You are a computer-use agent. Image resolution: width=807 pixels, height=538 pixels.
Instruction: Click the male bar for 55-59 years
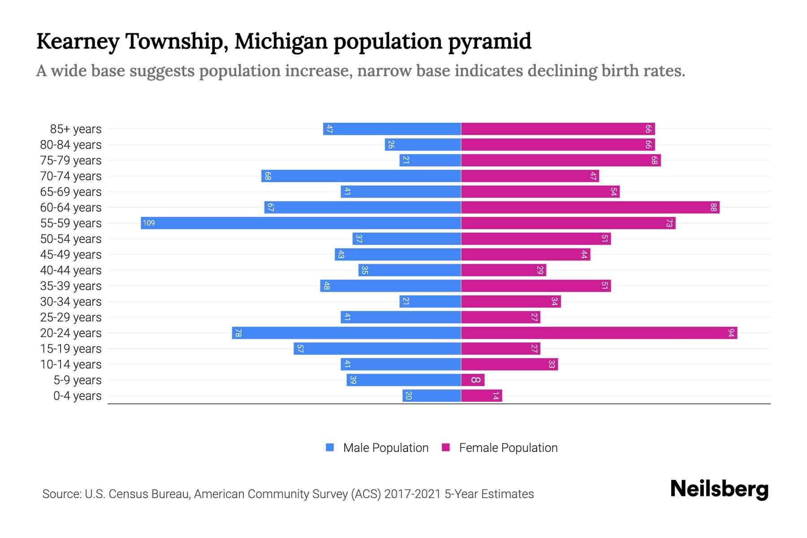coord(300,223)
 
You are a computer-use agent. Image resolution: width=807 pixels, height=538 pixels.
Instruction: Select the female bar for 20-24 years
coord(599,333)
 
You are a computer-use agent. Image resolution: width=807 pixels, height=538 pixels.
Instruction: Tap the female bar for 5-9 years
coord(473,380)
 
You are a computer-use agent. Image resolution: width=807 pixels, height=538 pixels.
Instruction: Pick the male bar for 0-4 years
coord(431,395)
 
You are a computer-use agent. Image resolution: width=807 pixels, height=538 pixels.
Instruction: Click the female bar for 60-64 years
coord(590,207)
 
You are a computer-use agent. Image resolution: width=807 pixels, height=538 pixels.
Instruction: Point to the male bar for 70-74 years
coord(361,176)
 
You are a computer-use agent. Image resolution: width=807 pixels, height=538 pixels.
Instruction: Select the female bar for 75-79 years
coord(560,160)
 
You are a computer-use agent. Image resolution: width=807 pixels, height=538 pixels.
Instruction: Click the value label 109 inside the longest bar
coord(149,223)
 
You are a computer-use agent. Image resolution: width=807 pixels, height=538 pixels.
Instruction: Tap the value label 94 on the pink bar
coord(731,333)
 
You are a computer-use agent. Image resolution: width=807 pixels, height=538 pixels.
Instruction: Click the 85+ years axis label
coord(75,129)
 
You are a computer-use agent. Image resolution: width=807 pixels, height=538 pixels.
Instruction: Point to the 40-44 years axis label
coord(71,270)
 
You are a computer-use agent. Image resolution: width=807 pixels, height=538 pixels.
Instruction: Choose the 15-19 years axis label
coord(71,349)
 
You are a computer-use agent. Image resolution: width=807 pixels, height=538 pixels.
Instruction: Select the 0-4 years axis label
coord(77,396)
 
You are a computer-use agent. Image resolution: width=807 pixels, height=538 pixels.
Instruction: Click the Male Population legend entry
coord(386,447)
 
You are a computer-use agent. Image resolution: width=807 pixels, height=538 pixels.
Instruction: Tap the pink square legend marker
coord(446,447)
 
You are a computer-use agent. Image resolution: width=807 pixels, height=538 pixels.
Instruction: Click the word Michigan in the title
coord(281,41)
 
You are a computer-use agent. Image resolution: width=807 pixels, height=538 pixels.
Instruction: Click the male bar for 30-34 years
coord(430,301)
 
